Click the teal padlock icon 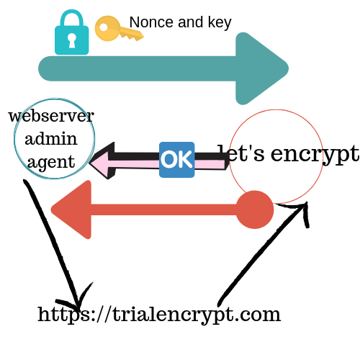click(71, 32)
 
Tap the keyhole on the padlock click(72, 40)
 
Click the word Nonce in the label click(151, 22)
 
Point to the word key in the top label click(220, 23)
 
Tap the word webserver click(51, 116)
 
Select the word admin click(51, 139)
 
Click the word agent click(51, 162)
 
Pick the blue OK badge click(177, 160)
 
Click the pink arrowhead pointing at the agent click(102, 161)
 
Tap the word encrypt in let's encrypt click(315, 154)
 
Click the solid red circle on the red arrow click(255, 210)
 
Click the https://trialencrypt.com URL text click(159, 315)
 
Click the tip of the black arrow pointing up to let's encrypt click(307, 203)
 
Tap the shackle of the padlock click(71, 19)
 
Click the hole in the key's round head click(104, 27)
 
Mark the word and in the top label click(191, 22)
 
